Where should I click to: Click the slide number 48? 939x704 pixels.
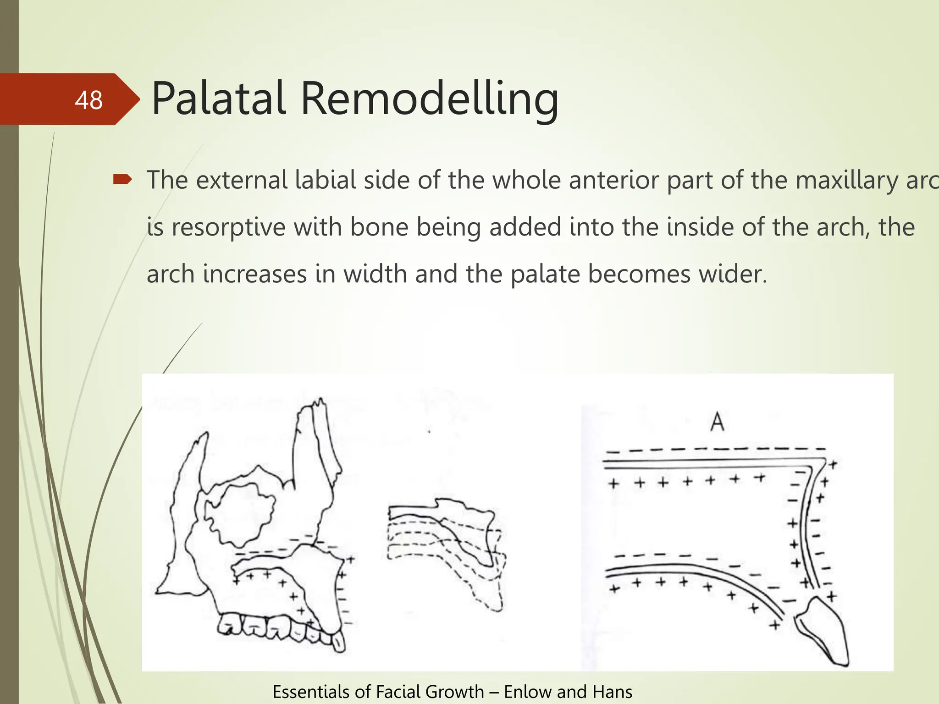tap(88, 100)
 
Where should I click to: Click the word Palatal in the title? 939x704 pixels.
tap(219, 99)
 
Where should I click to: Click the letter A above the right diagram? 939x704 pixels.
tap(717, 422)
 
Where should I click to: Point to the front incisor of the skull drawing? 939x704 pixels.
tap(338, 642)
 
